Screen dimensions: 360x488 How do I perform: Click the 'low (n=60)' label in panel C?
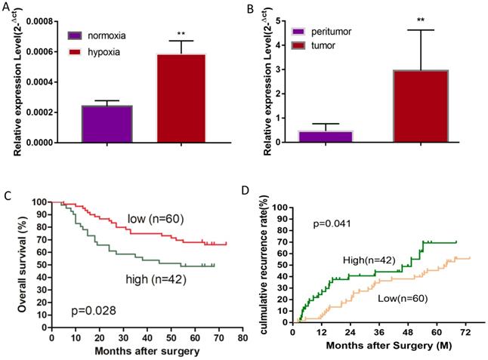156,219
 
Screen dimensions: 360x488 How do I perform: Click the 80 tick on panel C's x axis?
243,339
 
